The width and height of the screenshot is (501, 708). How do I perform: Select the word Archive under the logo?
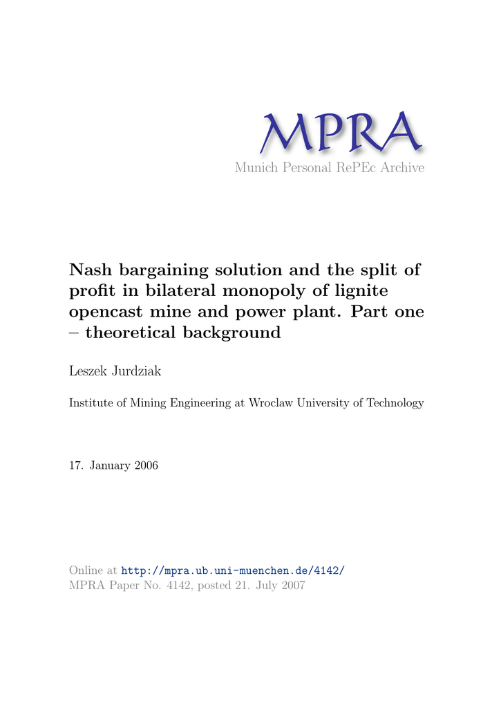[x=403, y=168]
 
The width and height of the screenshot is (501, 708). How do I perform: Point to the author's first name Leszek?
[x=88, y=372]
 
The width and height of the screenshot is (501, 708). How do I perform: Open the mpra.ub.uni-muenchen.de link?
[x=232, y=570]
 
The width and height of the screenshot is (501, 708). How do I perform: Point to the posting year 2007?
[x=292, y=586]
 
